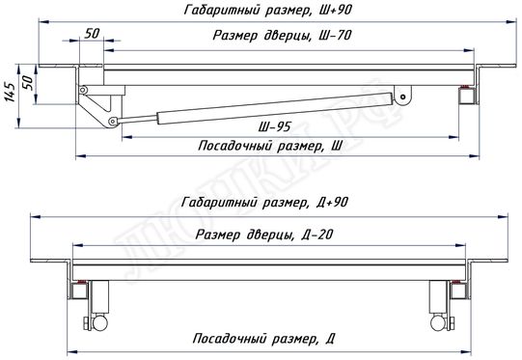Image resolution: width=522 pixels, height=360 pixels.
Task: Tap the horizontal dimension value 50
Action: coord(93,33)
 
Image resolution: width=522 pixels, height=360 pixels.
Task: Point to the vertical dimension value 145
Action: coord(10,97)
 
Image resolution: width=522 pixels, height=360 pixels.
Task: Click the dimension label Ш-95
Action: coord(275,127)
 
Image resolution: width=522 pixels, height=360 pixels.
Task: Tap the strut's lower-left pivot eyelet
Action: coord(113,121)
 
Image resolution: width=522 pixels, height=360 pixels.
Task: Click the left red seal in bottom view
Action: coord(84,283)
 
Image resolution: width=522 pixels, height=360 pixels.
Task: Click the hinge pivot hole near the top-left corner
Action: coord(85,90)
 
